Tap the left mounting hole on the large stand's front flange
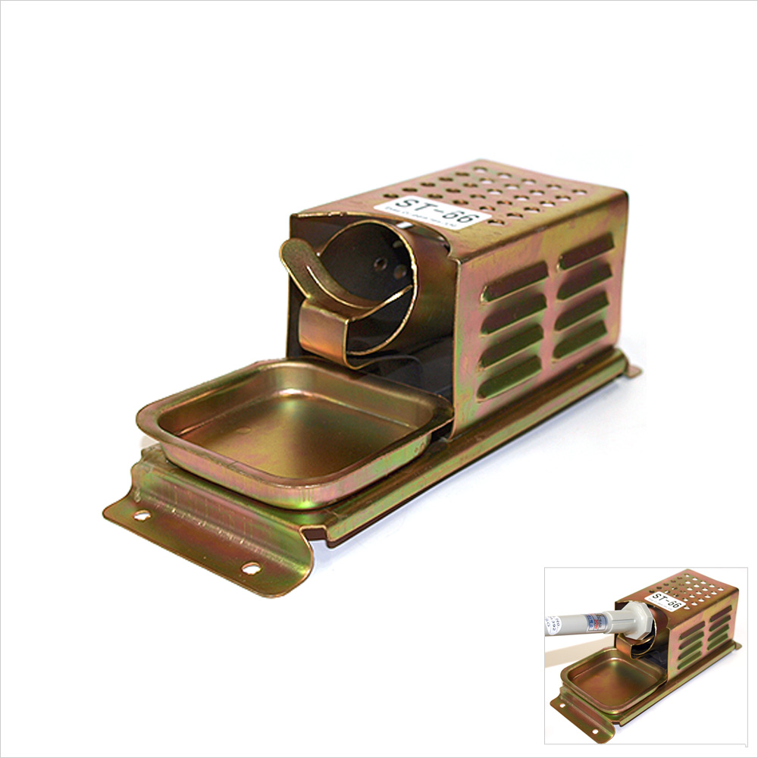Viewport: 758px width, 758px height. pyautogui.click(x=141, y=515)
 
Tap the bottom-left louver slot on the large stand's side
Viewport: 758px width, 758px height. pyautogui.click(x=509, y=377)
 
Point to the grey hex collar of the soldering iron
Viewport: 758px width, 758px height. pyautogui.click(x=635, y=619)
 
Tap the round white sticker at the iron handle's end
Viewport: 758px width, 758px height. pyautogui.click(x=549, y=626)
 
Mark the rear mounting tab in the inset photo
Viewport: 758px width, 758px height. pyautogui.click(x=735, y=646)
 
